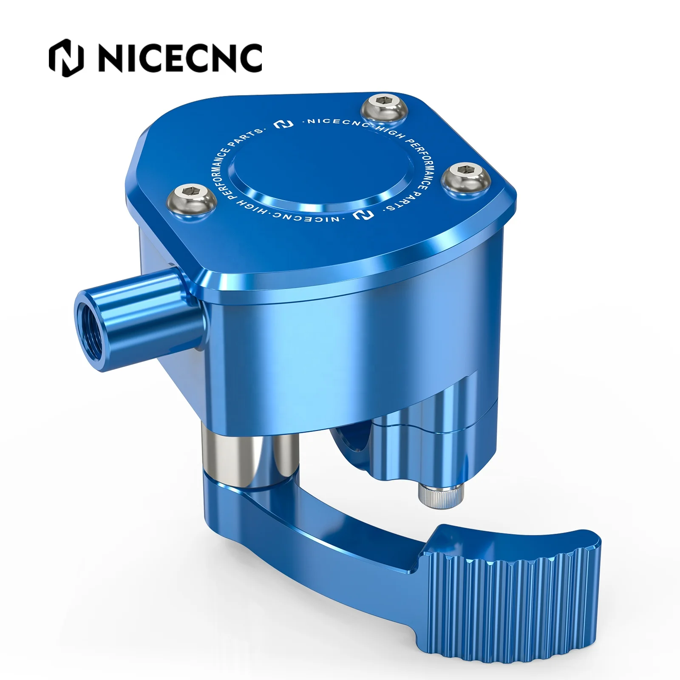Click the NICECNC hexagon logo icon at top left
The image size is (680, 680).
coord(66,58)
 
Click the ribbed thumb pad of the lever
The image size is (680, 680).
coord(514,595)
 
